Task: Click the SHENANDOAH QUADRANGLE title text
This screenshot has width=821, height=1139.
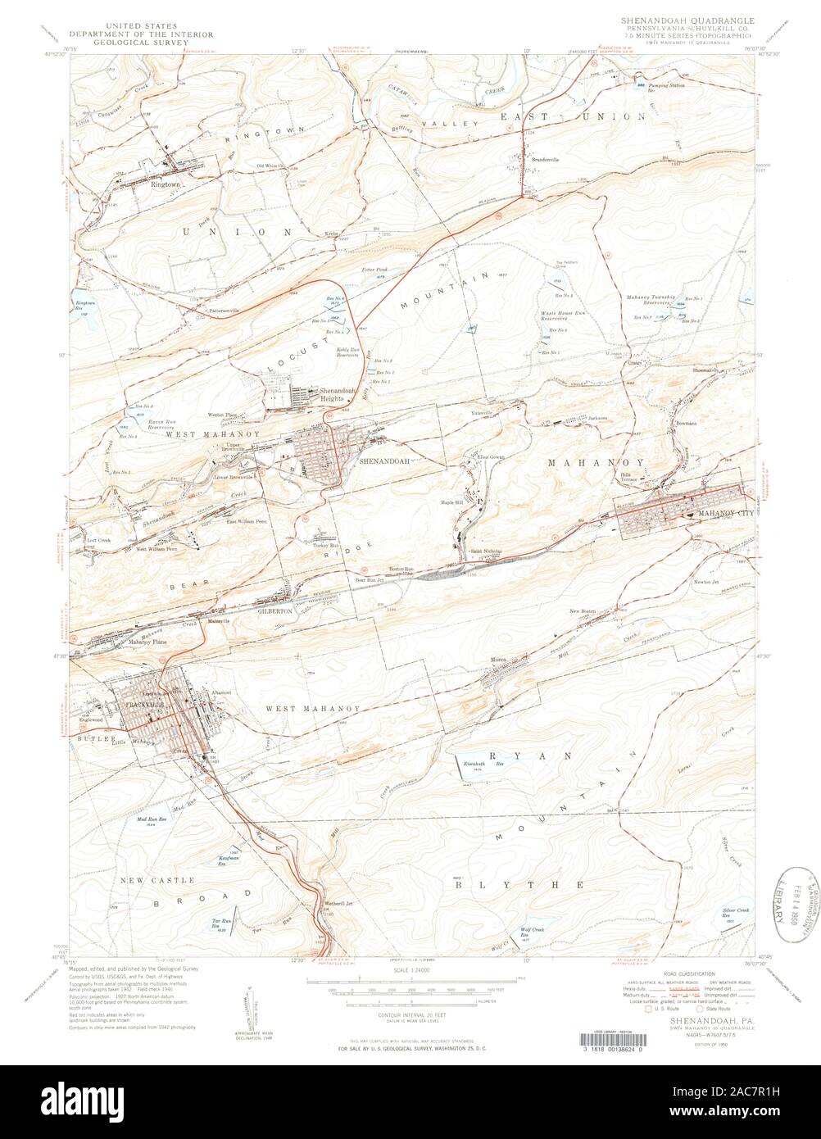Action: point(687,18)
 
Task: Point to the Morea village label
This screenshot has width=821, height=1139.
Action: point(501,659)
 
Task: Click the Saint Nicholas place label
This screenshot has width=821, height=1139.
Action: point(485,551)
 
